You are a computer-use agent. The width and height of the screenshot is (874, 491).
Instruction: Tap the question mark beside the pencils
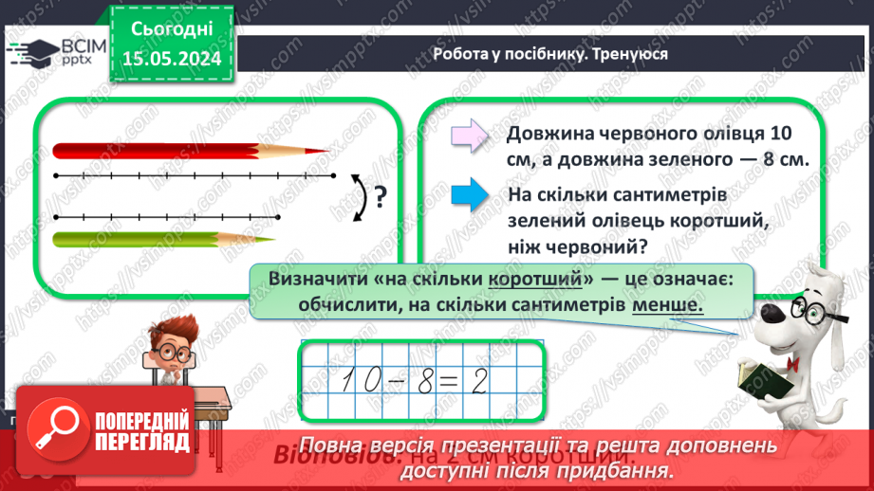[x=380, y=196]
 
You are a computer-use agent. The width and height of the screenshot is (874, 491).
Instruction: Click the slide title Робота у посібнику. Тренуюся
[x=549, y=54]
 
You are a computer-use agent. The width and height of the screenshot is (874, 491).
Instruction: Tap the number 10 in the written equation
[x=353, y=381]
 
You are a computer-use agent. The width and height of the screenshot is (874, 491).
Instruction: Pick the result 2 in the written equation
[x=478, y=381]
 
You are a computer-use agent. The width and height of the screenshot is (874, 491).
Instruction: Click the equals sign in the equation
[x=450, y=381]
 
